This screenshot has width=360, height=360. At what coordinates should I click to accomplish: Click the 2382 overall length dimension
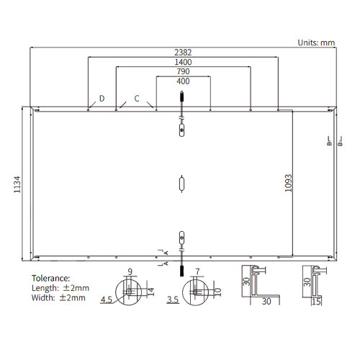coord(183,53)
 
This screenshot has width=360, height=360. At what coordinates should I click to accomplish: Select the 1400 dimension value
coord(183,62)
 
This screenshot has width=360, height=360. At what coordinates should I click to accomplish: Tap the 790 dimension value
coord(183,71)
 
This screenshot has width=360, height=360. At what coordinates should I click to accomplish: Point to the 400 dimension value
coord(183,81)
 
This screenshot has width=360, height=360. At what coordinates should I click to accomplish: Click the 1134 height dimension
coord(17,184)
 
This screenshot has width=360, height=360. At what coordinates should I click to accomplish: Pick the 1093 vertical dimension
coord(289,183)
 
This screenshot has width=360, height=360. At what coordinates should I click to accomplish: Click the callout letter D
coord(102,99)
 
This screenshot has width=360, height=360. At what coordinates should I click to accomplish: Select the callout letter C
coord(137,99)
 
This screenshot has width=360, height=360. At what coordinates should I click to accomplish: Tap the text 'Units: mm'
coord(316,42)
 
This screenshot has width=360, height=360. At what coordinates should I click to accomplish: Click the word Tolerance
coord(51,279)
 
